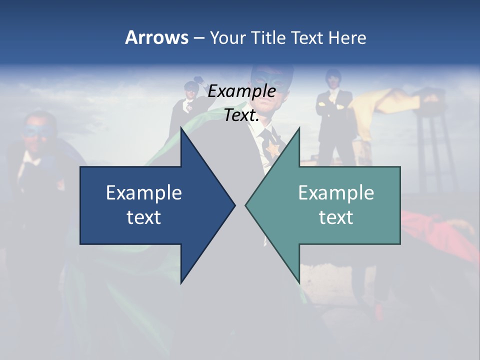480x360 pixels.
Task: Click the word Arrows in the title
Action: click(156, 37)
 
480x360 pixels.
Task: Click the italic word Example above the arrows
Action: click(241, 91)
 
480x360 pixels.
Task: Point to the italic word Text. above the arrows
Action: click(241, 115)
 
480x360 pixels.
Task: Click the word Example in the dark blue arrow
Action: click(144, 193)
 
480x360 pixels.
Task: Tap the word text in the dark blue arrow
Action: click(144, 217)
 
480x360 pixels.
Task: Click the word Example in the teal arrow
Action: click(336, 193)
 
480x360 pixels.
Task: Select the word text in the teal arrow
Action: click(336, 217)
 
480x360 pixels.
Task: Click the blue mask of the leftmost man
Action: click(37, 131)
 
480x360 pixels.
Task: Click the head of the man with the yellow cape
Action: click(332, 77)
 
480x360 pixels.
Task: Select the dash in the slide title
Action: click(198, 38)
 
